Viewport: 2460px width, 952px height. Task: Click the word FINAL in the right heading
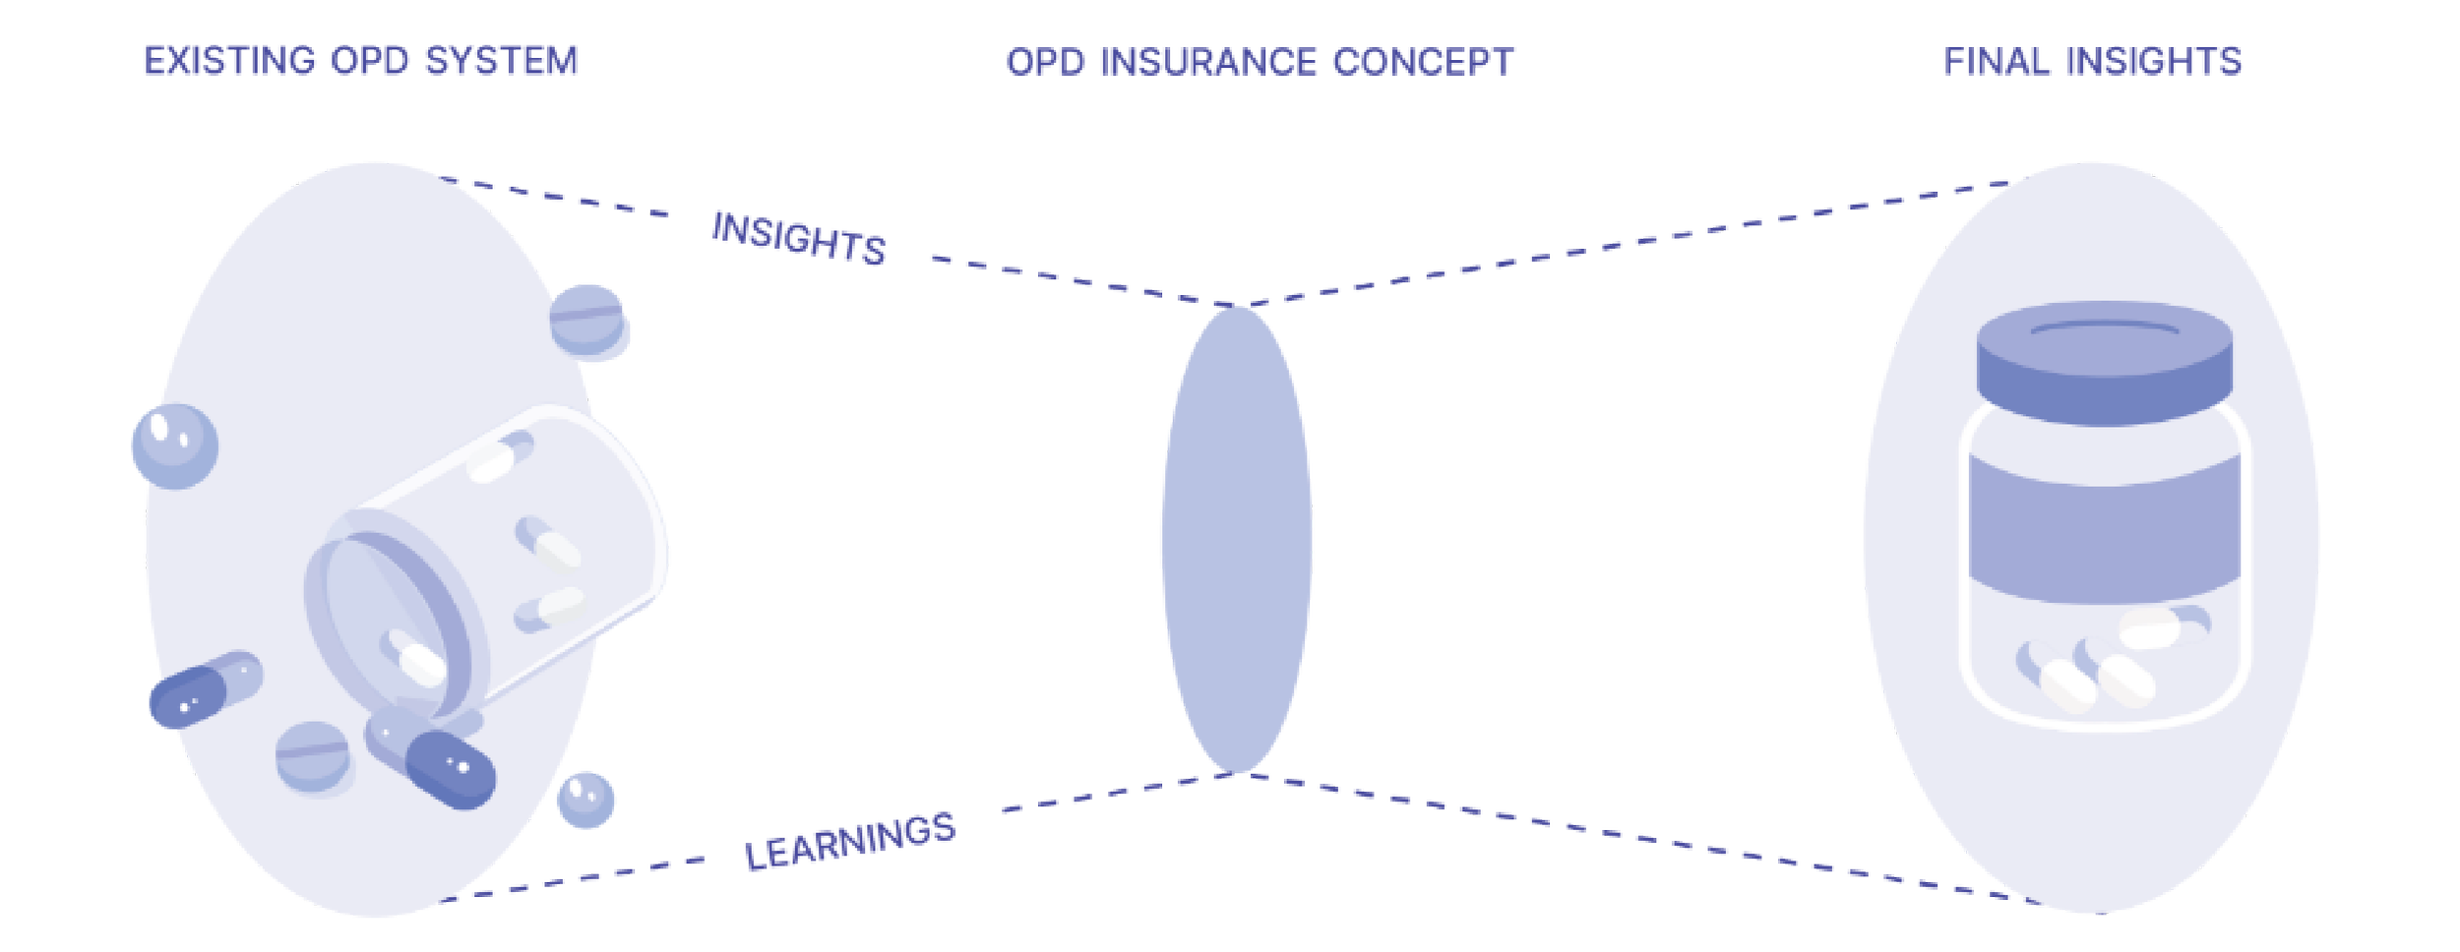1999,62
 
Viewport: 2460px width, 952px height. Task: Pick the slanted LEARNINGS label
849,842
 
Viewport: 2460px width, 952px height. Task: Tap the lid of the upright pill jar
2105,362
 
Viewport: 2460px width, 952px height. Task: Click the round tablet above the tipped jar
588,320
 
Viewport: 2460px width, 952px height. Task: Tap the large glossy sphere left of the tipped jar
174,446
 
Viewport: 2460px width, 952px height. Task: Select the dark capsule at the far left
205,689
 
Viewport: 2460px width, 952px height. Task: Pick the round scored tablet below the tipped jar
314,755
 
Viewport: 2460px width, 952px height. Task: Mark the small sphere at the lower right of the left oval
584,798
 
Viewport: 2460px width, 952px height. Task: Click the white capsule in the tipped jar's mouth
412,660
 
